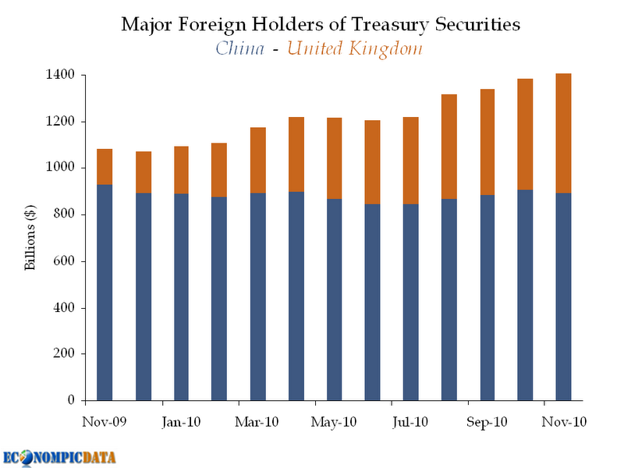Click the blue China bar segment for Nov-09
pos(105,292)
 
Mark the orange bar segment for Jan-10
pos(181,170)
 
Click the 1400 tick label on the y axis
pos(60,75)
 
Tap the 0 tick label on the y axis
pos(70,400)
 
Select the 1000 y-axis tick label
pos(60,168)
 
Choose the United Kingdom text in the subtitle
pos(355,48)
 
